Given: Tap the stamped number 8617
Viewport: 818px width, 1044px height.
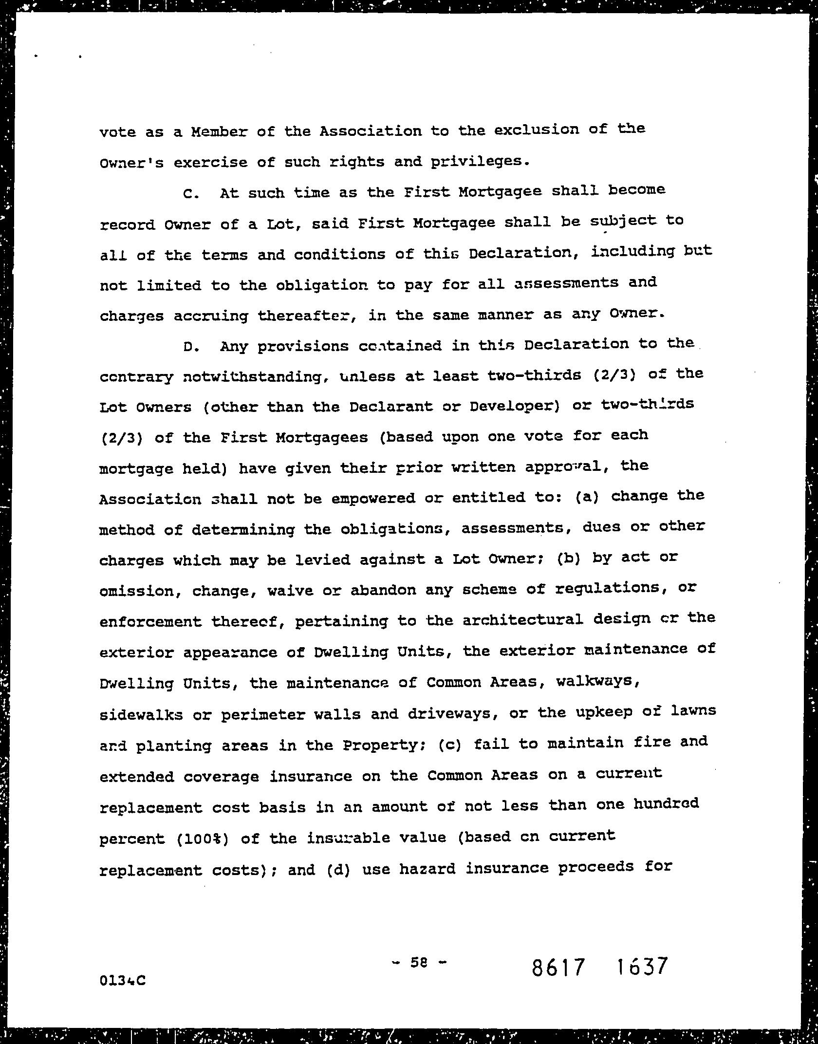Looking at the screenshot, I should coord(557,967).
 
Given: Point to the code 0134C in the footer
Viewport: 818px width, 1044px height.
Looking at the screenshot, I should coord(122,980).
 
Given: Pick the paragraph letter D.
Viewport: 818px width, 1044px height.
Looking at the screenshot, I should coord(191,347).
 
